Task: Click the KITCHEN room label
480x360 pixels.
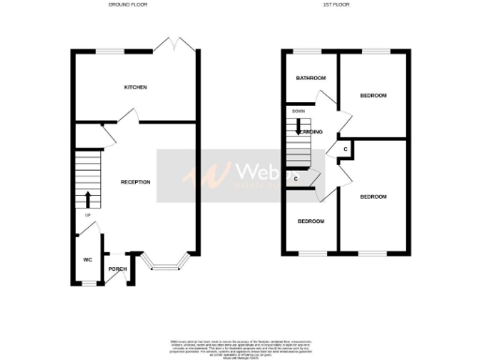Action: [x=136, y=87]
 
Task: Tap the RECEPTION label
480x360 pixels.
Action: [x=136, y=181]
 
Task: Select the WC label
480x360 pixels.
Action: [x=86, y=259]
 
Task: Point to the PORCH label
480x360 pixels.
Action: [x=117, y=270]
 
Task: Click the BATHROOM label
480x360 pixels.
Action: [x=310, y=78]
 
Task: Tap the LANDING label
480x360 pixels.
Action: [x=311, y=132]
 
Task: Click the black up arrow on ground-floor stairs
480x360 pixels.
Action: [x=87, y=199]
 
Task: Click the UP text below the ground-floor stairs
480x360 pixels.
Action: [x=87, y=215]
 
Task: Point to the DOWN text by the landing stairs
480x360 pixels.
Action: [x=298, y=112]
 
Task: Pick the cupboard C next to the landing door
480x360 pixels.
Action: [x=346, y=149]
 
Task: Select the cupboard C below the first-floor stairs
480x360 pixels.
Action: [x=296, y=178]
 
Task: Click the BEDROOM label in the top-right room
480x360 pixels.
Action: [x=373, y=96]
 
